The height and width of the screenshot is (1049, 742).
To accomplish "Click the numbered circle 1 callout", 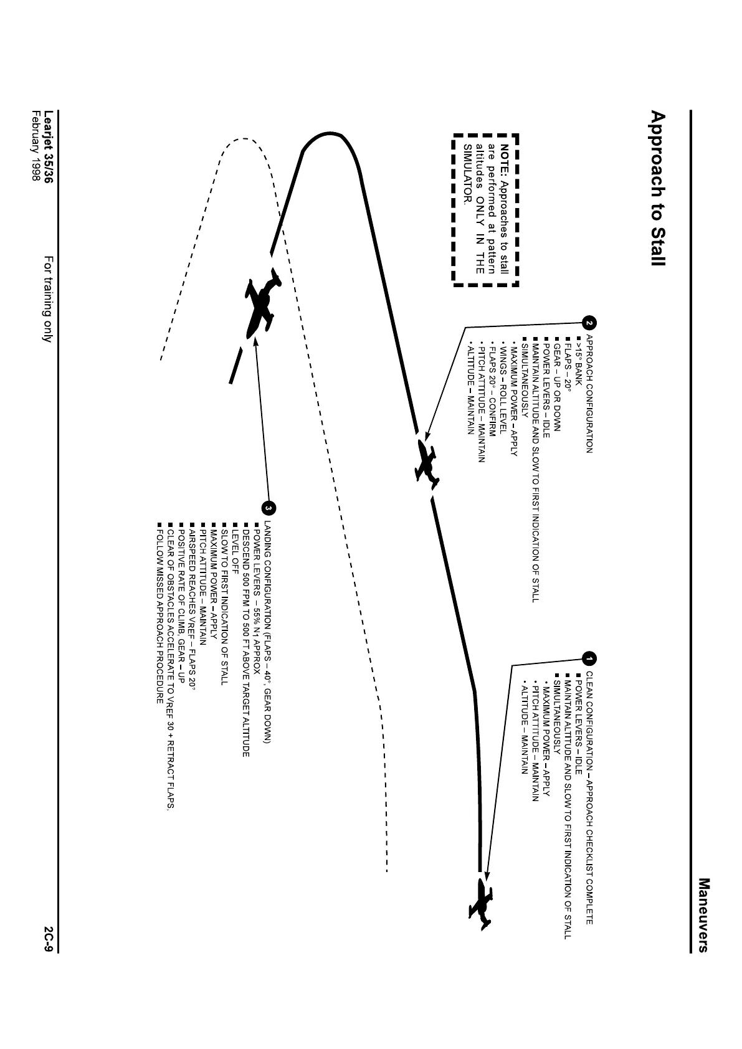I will click(589, 658).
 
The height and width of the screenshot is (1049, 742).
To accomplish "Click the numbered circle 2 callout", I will click(589, 323).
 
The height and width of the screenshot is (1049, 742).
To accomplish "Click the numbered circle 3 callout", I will click(269, 508).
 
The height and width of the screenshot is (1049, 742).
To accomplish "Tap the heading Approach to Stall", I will click(657, 189).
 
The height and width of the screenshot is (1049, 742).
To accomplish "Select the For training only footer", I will click(48, 299).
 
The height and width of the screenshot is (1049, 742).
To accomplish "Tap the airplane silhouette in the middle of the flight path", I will click(427, 462).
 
